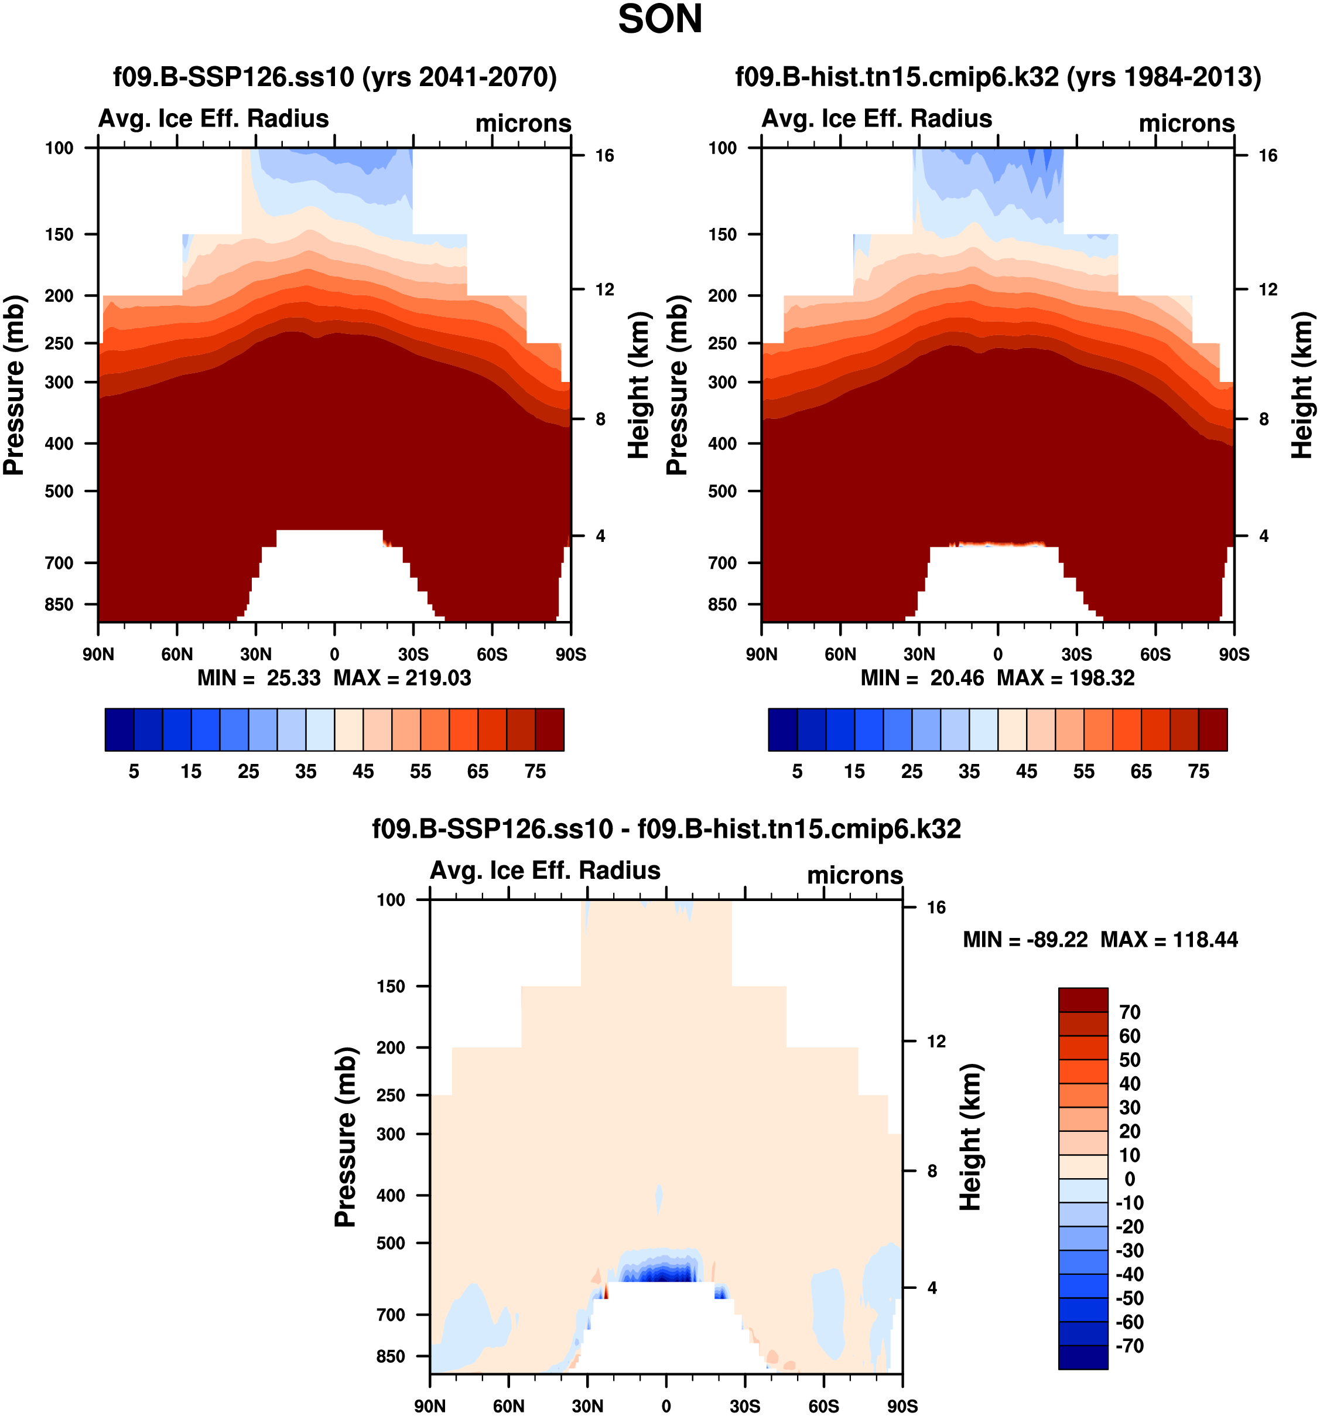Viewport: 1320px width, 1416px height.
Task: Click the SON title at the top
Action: (x=659, y=20)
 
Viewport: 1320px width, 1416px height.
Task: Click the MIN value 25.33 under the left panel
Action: (x=293, y=677)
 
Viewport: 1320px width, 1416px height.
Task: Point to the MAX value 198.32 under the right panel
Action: (x=1101, y=677)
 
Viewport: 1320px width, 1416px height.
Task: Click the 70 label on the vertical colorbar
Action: (x=1129, y=1012)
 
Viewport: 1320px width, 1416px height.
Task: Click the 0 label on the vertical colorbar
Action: (x=1129, y=1179)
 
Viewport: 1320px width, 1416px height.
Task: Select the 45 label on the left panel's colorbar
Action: (x=363, y=772)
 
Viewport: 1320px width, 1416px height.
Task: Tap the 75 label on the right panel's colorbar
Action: (x=1198, y=772)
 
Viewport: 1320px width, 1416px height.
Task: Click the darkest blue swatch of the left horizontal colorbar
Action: (x=119, y=729)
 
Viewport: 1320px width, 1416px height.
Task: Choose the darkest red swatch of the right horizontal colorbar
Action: (x=1212, y=729)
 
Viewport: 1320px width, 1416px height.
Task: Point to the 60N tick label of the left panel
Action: (x=177, y=654)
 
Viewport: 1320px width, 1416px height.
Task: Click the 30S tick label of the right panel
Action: (x=1076, y=654)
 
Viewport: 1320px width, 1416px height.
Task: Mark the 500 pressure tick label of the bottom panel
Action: (x=391, y=1243)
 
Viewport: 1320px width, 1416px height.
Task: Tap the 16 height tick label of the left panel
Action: (x=604, y=155)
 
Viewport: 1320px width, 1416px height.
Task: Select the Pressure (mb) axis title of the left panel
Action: (x=14, y=385)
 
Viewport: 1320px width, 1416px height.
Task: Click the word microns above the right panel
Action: (x=1186, y=123)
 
